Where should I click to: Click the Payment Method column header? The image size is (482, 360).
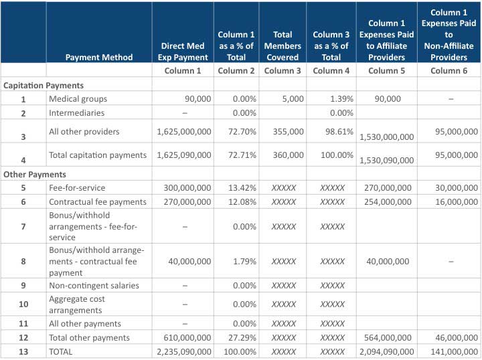pyautogui.click(x=99, y=57)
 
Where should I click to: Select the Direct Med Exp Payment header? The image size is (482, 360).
pyautogui.click(x=183, y=52)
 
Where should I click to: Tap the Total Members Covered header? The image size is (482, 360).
pyautogui.click(x=283, y=46)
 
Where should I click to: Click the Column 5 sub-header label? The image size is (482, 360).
pyautogui.click(x=386, y=71)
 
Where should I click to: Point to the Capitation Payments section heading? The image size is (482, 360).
pyautogui.click(x=44, y=86)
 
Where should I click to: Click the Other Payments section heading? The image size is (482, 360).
pyautogui.click(x=35, y=175)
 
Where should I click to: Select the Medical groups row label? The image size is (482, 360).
pyautogui.click(x=78, y=99)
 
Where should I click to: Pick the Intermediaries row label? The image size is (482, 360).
pyautogui.click(x=76, y=112)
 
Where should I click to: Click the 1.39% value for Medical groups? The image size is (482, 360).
pyautogui.click(x=341, y=99)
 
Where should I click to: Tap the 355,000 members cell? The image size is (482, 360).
pyautogui.click(x=288, y=131)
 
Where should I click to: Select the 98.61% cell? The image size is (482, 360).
pyautogui.click(x=339, y=131)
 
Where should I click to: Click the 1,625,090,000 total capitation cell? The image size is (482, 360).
pyautogui.click(x=184, y=155)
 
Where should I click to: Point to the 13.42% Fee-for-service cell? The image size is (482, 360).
pyautogui.click(x=242, y=187)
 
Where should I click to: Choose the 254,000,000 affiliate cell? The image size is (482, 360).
pyautogui.click(x=388, y=202)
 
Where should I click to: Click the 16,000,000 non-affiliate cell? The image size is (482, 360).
pyautogui.click(x=457, y=202)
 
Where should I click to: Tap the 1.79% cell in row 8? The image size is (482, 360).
pyautogui.click(x=244, y=262)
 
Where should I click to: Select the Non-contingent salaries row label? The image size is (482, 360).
pyautogui.click(x=94, y=285)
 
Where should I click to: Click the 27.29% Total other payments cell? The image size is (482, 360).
pyautogui.click(x=242, y=337)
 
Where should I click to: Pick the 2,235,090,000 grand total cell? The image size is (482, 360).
pyautogui.click(x=184, y=352)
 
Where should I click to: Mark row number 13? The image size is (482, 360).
pyautogui.click(x=23, y=352)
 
